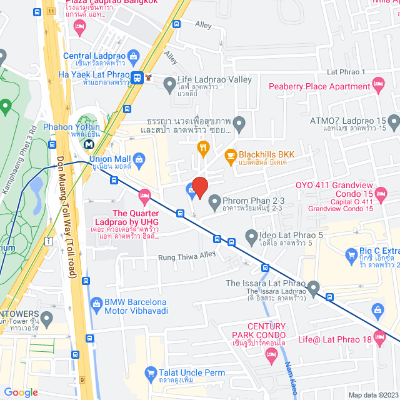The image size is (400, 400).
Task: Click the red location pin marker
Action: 199,187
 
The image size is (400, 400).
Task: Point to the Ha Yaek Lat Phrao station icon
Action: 136,77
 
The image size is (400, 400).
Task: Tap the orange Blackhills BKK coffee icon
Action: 230,154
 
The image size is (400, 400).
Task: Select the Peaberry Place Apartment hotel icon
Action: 377,83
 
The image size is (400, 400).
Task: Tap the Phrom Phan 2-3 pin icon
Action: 214,201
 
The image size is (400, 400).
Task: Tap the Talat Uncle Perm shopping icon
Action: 150,374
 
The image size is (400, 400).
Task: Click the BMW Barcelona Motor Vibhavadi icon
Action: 96,303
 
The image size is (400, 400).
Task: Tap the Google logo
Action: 21,392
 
